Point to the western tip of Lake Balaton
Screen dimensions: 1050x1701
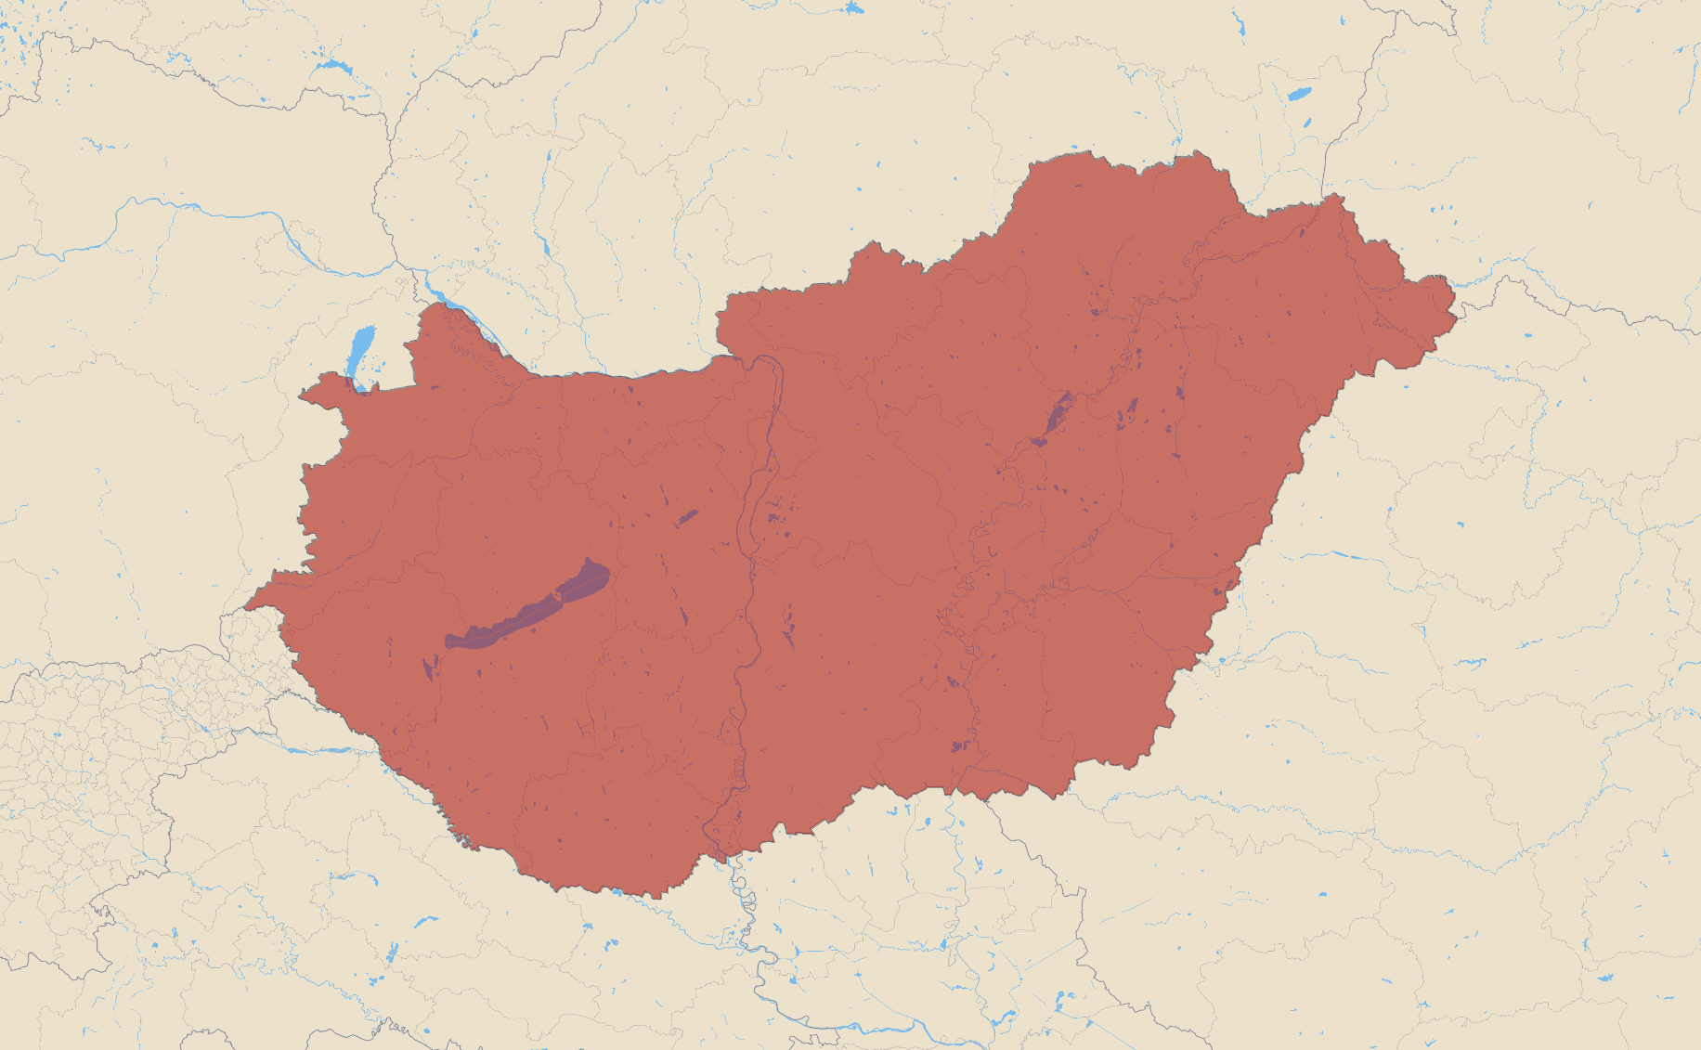[x=448, y=641]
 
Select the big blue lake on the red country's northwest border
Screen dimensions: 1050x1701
[x=360, y=350]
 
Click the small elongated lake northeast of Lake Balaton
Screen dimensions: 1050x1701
[x=687, y=517]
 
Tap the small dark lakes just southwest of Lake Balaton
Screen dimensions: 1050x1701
[x=429, y=667]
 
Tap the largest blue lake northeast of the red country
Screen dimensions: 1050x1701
[x=1298, y=94]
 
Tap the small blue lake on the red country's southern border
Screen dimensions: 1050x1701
[x=617, y=893]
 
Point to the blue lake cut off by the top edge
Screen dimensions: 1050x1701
[x=853, y=7]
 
